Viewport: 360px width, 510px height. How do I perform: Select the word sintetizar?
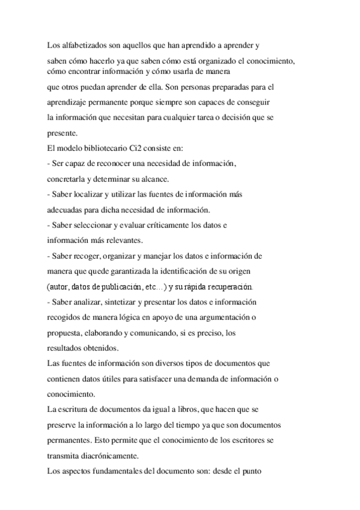click(x=124, y=301)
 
